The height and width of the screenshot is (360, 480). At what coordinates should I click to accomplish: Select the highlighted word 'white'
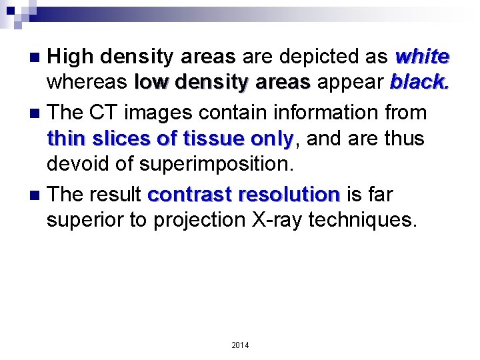click(422, 57)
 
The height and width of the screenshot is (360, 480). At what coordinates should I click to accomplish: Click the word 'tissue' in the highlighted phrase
click(211, 139)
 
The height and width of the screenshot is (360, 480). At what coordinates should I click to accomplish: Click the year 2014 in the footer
click(240, 345)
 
